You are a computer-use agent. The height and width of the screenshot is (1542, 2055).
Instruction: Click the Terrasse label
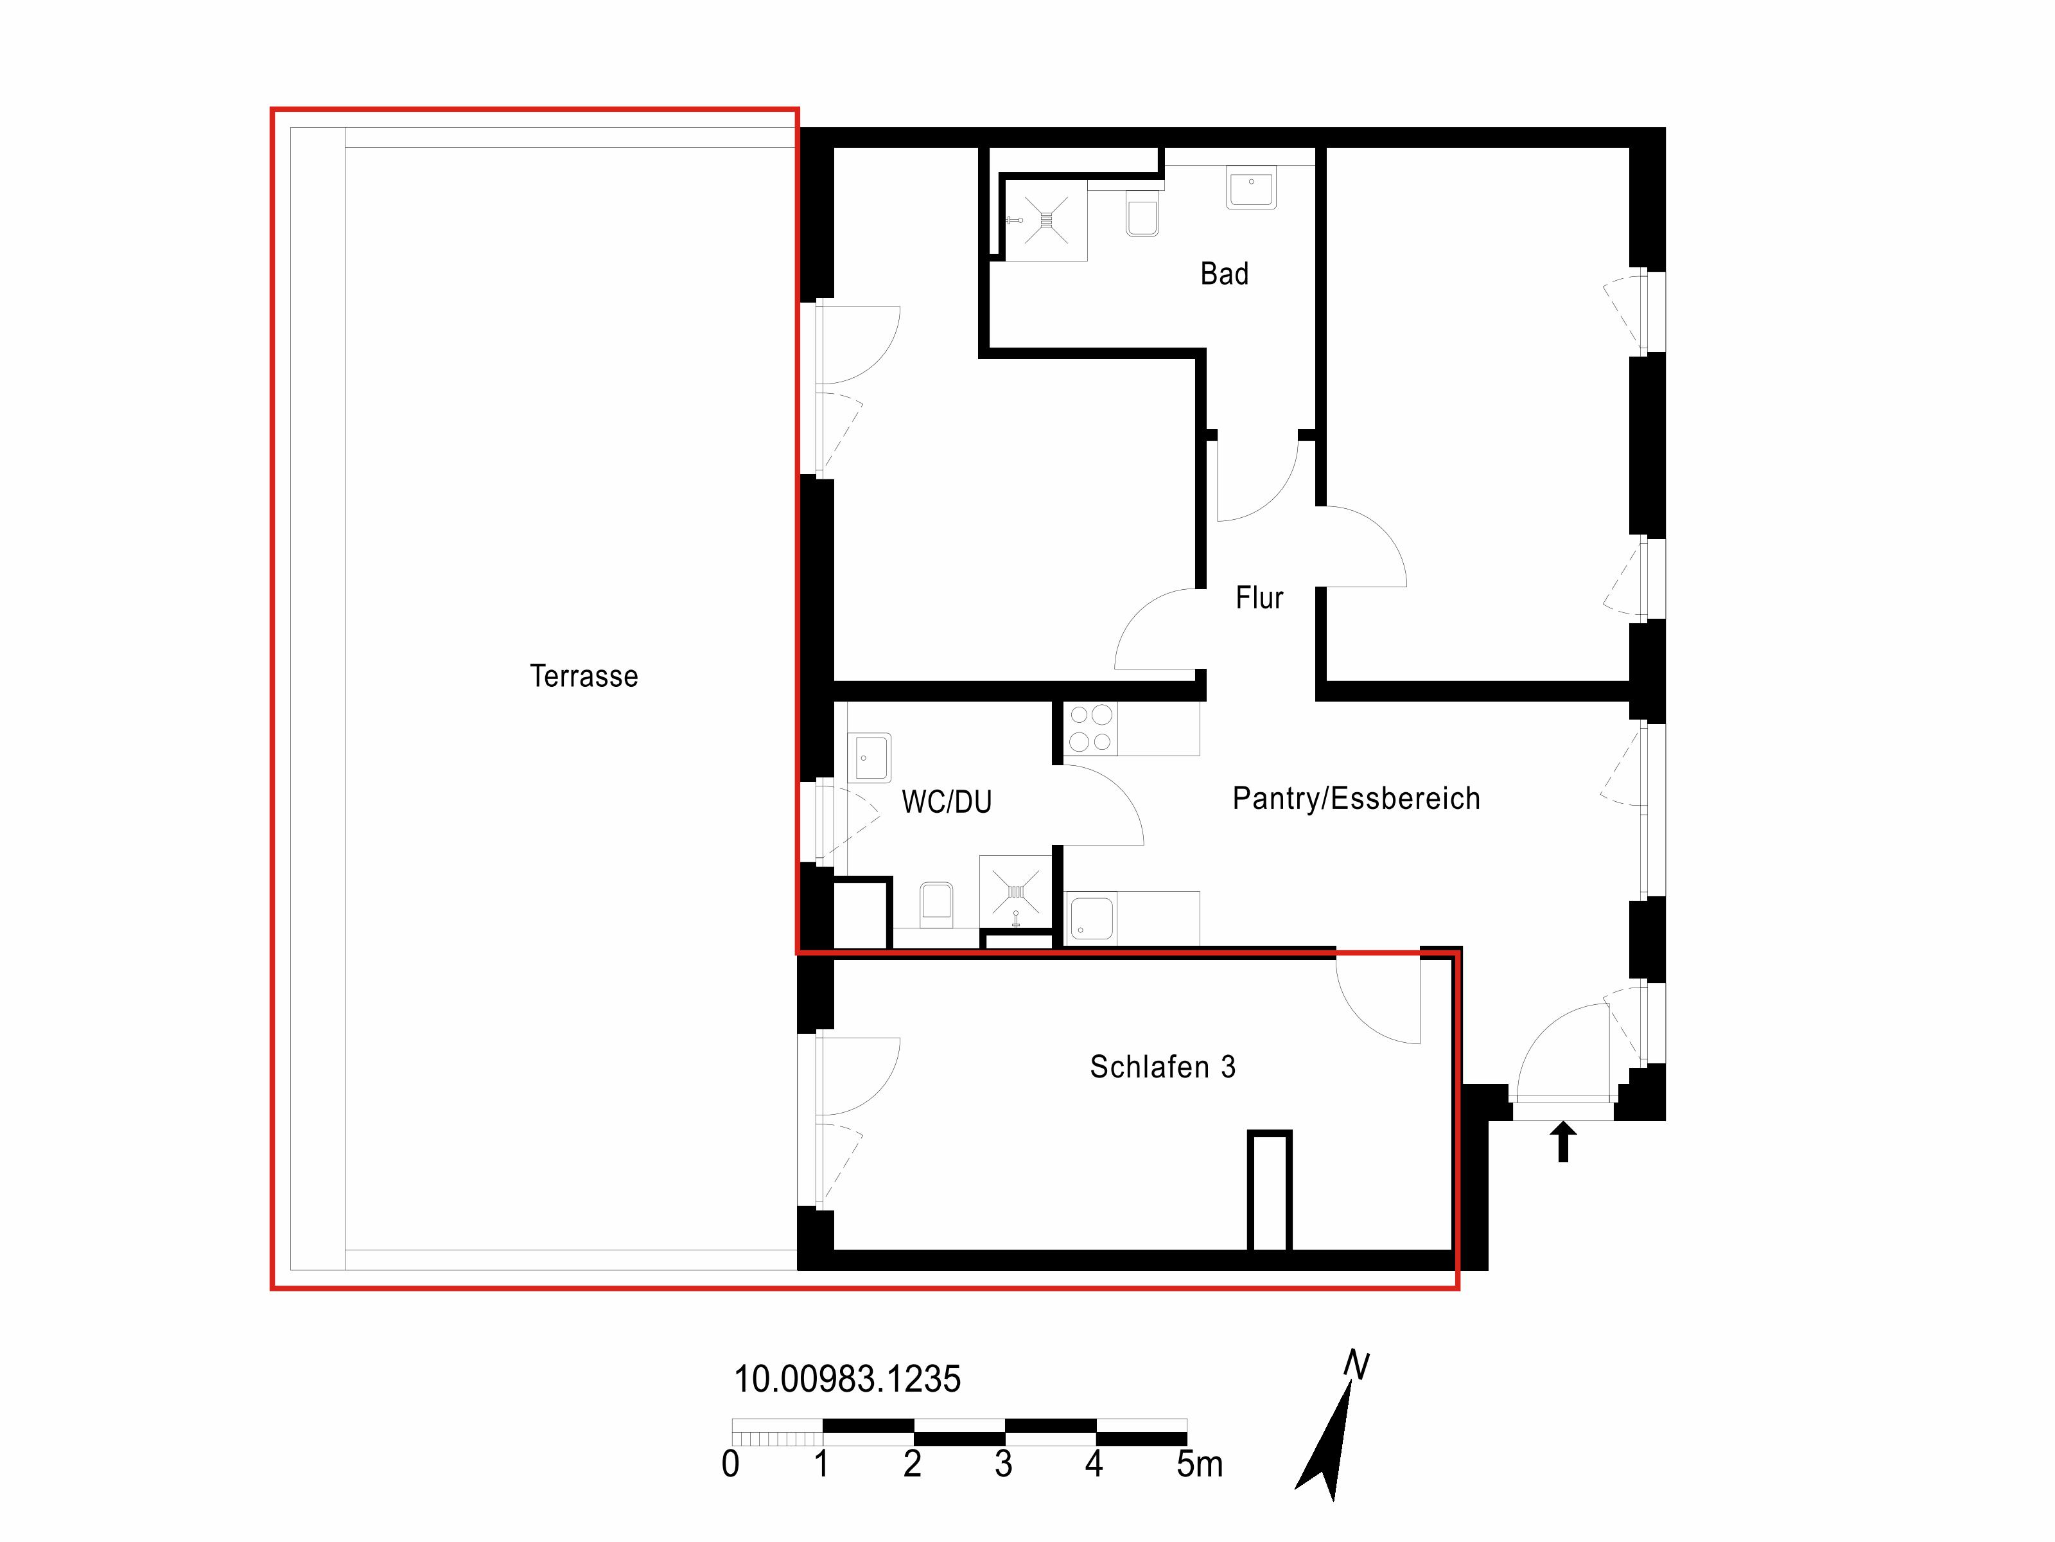[x=583, y=676]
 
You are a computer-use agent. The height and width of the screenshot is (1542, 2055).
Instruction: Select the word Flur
[x=1259, y=597]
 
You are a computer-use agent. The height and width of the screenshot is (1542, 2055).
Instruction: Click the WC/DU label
[x=947, y=801]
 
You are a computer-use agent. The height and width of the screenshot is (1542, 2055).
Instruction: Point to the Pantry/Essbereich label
[x=1356, y=799]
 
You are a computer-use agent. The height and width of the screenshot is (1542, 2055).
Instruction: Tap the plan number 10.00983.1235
[x=847, y=1379]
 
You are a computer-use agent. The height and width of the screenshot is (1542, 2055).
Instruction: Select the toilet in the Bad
[x=1142, y=215]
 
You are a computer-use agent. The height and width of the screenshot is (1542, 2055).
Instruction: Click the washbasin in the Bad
[x=1250, y=187]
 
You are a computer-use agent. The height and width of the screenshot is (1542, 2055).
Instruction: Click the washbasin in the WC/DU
[x=870, y=758]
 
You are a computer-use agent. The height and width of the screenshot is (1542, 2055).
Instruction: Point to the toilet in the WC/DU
[x=936, y=905]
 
